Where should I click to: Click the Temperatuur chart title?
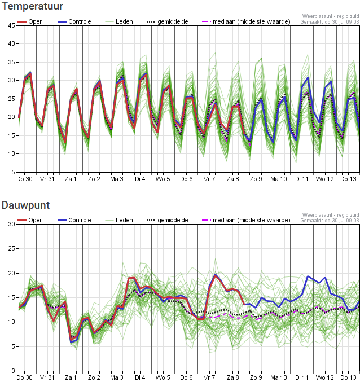click(32, 6)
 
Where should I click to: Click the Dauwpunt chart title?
click(25, 205)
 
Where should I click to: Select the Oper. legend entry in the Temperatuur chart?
click(30, 21)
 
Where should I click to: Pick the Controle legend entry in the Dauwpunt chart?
click(74, 220)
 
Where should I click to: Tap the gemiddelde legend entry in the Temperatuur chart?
click(168, 21)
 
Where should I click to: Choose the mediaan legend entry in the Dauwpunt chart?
click(246, 220)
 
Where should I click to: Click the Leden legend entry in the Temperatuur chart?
click(119, 21)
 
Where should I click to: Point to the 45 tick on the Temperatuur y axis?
click(12, 25)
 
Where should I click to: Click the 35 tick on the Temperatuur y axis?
click(12, 62)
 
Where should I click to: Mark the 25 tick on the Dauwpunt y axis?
click(12, 248)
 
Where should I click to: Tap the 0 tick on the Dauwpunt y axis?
click(14, 371)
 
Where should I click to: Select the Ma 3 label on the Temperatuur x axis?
click(117, 179)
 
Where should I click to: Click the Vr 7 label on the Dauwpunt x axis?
click(209, 377)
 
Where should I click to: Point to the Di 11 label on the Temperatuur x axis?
click(302, 179)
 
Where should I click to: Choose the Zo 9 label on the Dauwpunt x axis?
click(256, 377)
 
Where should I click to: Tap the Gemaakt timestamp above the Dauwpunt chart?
click(330, 221)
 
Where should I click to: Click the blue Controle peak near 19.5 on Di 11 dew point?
click(308, 276)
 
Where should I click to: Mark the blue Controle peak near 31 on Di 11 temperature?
click(308, 78)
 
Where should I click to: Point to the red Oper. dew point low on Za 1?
click(71, 339)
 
